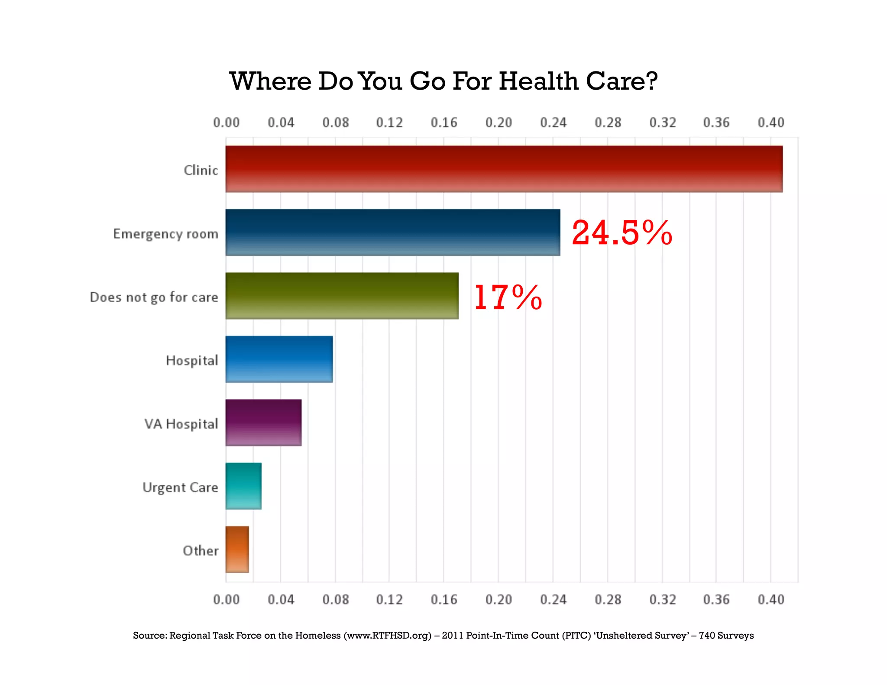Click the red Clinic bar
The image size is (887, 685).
[x=504, y=169]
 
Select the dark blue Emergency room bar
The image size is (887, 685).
[x=392, y=233]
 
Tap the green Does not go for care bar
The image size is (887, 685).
[x=342, y=296]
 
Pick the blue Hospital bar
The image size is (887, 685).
[x=279, y=359]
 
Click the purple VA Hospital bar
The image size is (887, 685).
[x=263, y=423]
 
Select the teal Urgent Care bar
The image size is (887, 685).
[x=243, y=486]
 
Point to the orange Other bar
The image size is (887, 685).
[x=237, y=549]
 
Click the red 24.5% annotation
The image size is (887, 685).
[x=622, y=233]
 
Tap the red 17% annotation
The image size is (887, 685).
[x=508, y=297]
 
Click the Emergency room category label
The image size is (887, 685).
[x=165, y=234]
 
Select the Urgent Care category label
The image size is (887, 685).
[x=180, y=488]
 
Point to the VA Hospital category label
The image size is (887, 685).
[x=181, y=424]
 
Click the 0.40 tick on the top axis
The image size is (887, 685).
[x=770, y=123]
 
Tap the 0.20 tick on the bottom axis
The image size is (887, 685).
[x=498, y=600]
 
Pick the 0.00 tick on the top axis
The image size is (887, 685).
[x=226, y=123]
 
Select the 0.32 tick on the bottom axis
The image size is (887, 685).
[x=662, y=600]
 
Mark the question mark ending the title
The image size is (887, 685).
[x=651, y=81]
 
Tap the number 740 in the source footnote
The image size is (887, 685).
[x=707, y=636]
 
